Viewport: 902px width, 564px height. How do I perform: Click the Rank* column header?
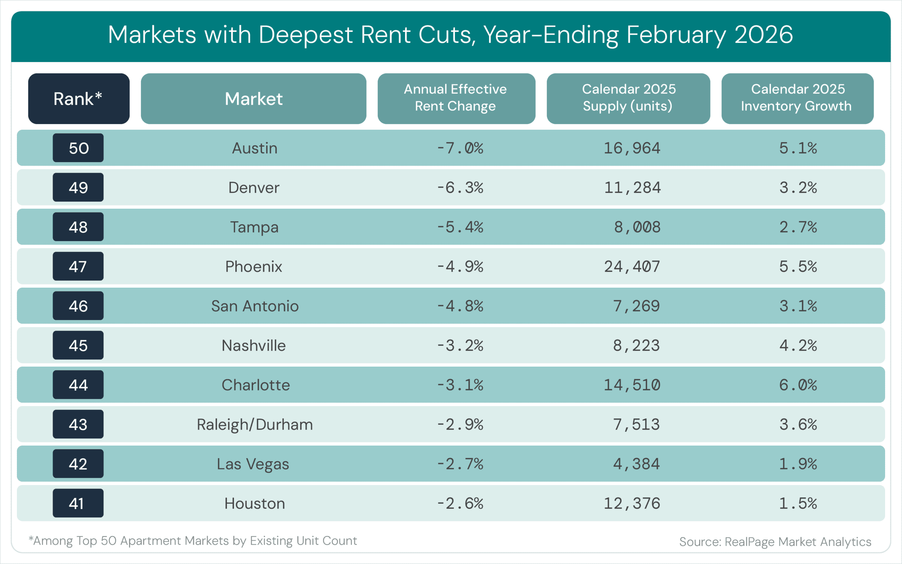pos(79,98)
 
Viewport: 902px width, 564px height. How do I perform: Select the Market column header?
pos(253,98)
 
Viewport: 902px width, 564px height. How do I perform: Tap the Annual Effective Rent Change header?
pos(456,98)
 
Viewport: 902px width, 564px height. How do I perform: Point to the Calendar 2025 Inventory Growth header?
pos(797,98)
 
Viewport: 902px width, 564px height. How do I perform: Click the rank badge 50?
pos(78,148)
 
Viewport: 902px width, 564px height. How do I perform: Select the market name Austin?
pos(255,148)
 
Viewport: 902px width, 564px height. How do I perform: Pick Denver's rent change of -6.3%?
pos(460,187)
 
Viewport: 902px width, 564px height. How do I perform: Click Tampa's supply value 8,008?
pos(637,227)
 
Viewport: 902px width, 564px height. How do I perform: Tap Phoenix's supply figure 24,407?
pos(632,266)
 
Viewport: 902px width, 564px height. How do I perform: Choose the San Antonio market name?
pos(255,306)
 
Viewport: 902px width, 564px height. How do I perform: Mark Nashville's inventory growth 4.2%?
pos(798,345)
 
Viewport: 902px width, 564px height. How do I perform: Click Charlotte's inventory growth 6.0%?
pos(798,385)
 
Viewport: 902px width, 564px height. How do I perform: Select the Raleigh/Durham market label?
pos(255,424)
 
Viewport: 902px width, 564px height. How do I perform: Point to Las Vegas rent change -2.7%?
pos(460,464)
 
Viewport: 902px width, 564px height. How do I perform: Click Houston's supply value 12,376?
pos(632,504)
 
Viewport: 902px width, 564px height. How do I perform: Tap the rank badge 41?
pos(78,504)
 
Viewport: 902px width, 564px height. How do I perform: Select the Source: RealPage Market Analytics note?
pos(775,542)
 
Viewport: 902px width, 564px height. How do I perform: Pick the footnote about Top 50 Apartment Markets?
pos(193,540)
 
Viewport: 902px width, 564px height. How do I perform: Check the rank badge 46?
pos(78,306)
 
